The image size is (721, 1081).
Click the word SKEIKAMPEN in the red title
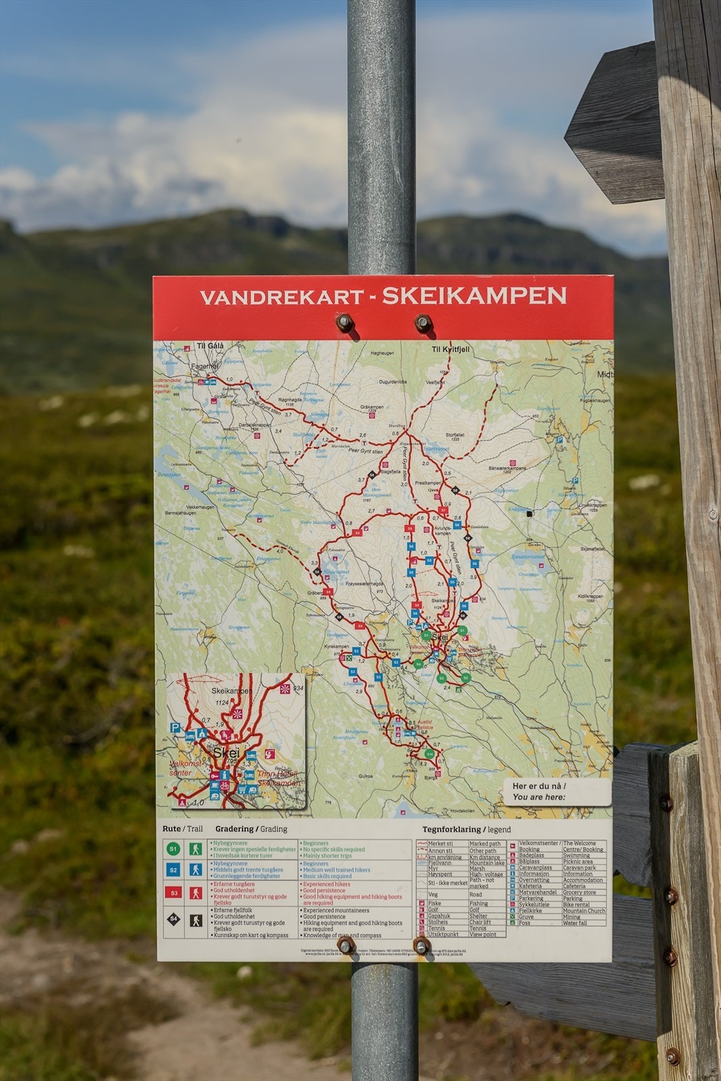point(474,296)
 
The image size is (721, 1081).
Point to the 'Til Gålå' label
point(209,347)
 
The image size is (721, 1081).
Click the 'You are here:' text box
point(556,792)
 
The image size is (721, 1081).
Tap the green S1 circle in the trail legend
point(174,849)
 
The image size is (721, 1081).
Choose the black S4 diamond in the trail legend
point(174,920)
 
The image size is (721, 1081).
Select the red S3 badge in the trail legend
point(174,893)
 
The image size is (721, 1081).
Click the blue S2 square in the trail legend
point(174,870)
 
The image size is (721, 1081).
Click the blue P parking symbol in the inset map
point(176,728)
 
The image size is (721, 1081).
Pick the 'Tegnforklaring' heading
point(452,830)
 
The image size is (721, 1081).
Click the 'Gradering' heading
point(234,829)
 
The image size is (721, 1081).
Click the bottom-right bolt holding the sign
point(421,947)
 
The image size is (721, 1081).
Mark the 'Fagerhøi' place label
point(205,367)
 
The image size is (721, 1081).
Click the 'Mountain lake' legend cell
point(487,863)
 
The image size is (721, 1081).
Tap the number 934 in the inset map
point(298,688)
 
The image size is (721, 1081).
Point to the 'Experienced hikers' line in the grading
point(327,884)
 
